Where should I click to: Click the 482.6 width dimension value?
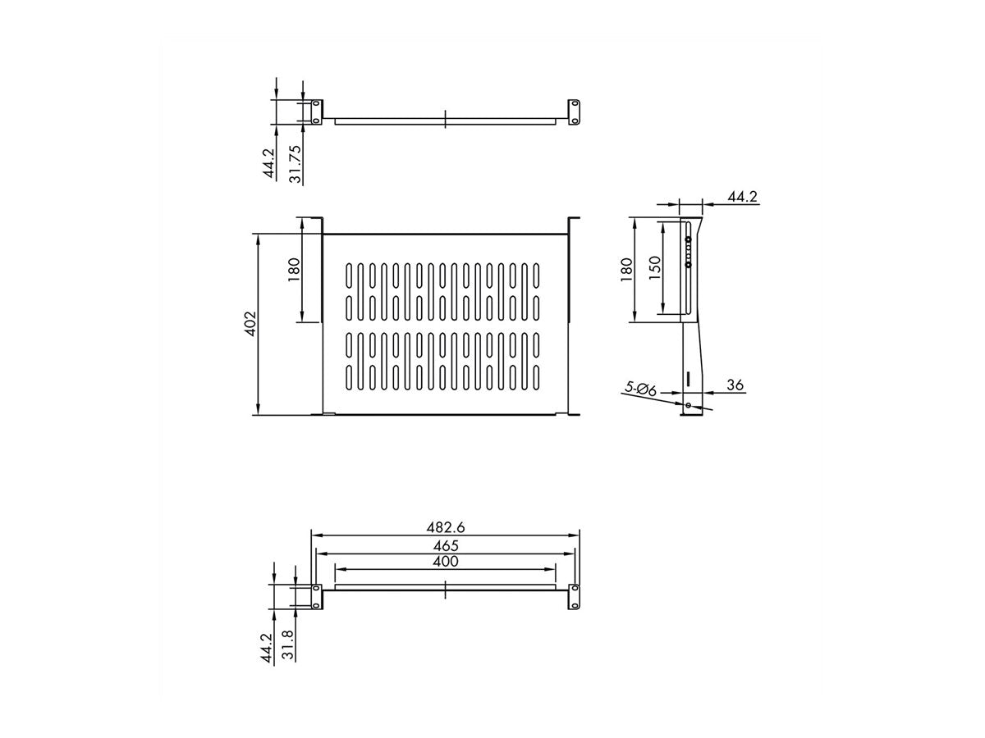(445, 527)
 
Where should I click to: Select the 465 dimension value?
(445, 546)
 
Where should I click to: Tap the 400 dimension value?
(445, 562)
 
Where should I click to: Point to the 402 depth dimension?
(250, 324)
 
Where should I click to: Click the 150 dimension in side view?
(655, 268)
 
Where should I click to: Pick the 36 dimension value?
(735, 385)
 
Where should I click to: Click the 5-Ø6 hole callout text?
(641, 388)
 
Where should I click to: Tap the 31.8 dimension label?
(288, 645)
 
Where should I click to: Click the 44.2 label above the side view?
(742, 197)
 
